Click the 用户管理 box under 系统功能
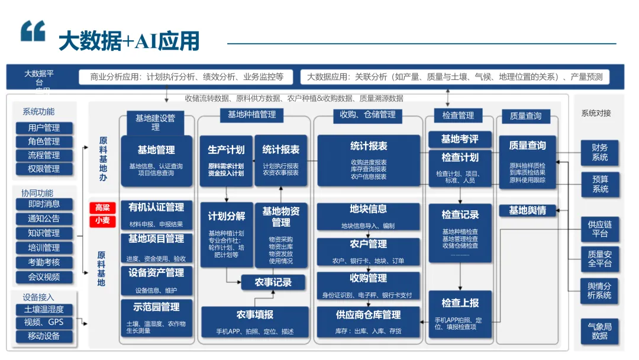[44, 128]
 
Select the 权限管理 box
[44, 169]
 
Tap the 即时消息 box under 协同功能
[44, 204]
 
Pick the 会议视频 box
[44, 277]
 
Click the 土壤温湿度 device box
[44, 309]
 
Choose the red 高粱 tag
[102, 208]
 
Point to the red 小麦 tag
[102, 220]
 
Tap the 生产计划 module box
[226, 160]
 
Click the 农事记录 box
[273, 282]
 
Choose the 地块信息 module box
[368, 216]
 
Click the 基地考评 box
[460, 140]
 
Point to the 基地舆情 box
[527, 210]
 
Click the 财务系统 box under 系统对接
[599, 152]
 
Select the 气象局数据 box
[599, 330]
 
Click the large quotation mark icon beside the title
[33, 31]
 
